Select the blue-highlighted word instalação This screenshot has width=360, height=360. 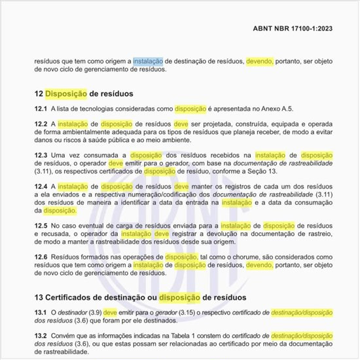(149, 61)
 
